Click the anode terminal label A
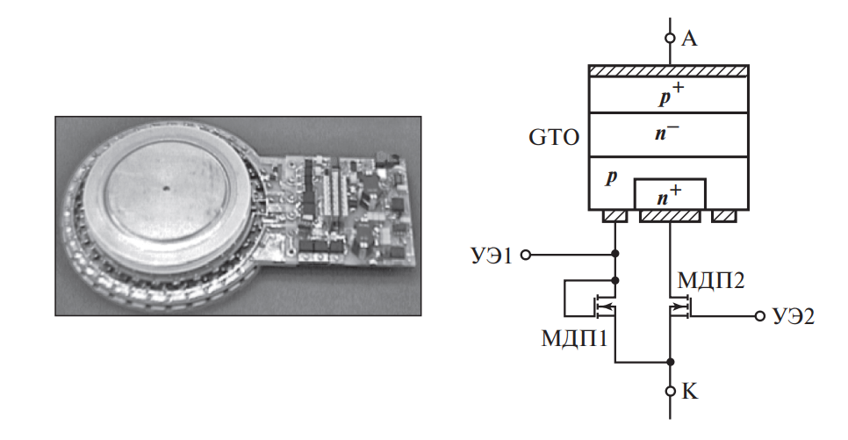point(688,39)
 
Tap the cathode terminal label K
point(689,392)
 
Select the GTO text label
point(552,138)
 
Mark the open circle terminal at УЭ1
point(526,256)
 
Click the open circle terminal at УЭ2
point(760,315)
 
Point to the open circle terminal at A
point(669,38)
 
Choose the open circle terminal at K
point(669,391)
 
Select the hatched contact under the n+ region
point(670,216)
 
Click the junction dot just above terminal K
point(669,362)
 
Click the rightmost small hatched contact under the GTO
point(723,216)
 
